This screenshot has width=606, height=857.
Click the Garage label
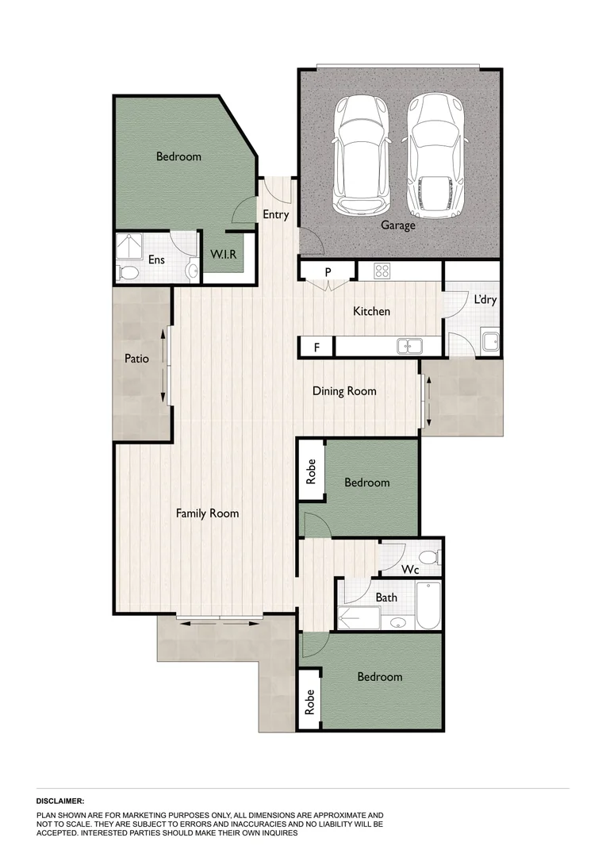[x=397, y=225]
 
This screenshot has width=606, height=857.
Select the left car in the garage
[x=361, y=156]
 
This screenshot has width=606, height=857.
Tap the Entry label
[x=276, y=214]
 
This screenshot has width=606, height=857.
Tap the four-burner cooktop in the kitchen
[x=382, y=271]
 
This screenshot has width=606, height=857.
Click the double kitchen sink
[x=409, y=347]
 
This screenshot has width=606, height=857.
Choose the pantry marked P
[x=328, y=271]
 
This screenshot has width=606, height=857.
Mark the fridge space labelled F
[x=316, y=347]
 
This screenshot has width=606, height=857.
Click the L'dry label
[x=485, y=301]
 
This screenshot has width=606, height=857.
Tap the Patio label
[x=137, y=359]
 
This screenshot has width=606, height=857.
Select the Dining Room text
[x=344, y=390]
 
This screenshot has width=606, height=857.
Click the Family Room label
[x=207, y=513]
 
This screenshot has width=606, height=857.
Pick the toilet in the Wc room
[x=428, y=556]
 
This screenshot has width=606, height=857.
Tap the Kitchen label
[x=371, y=311]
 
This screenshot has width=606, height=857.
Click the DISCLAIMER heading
[x=60, y=801]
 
